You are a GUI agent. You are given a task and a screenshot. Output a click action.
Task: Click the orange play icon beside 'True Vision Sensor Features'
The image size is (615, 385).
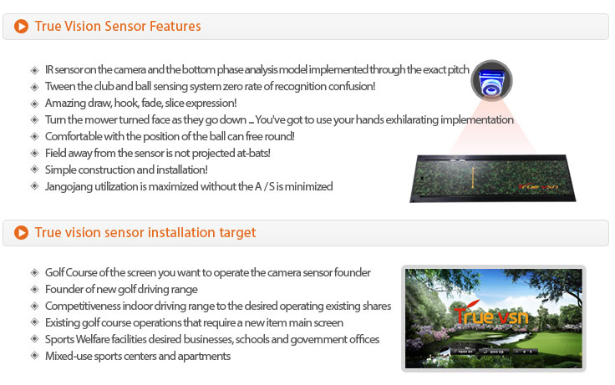point(21,26)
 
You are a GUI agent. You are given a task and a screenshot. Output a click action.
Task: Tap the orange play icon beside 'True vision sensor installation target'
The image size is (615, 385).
point(21,232)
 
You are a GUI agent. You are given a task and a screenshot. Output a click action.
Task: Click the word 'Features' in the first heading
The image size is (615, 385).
point(175,26)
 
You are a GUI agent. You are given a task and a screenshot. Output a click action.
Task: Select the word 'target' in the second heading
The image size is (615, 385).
point(237,233)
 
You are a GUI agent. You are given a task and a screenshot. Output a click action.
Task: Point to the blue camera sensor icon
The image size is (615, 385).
point(491,81)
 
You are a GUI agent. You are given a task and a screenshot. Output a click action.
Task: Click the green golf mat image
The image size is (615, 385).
point(493,179)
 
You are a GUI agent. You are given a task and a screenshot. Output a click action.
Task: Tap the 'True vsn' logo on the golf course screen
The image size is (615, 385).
point(491,314)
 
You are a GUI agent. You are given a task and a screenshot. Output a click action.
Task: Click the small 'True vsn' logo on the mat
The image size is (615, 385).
point(538,186)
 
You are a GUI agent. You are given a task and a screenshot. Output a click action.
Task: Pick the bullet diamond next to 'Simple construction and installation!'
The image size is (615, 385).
point(34,170)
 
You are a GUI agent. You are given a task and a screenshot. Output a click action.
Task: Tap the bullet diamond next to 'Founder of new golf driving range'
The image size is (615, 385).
point(34,289)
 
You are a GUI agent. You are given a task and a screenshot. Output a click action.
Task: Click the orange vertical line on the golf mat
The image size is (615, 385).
point(473,179)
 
